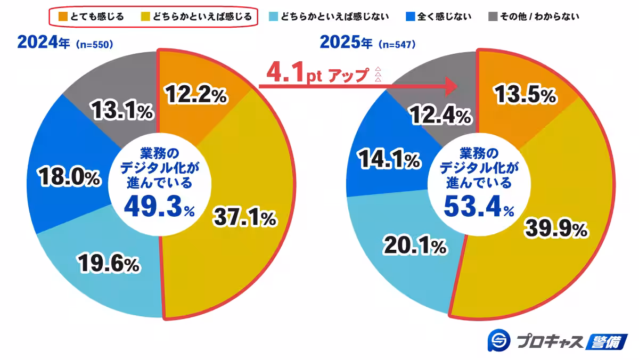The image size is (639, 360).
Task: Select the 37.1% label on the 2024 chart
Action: pos(244,217)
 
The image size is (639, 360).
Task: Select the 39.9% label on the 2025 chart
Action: pos(556,229)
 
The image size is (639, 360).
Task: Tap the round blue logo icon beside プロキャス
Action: pos(499,341)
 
